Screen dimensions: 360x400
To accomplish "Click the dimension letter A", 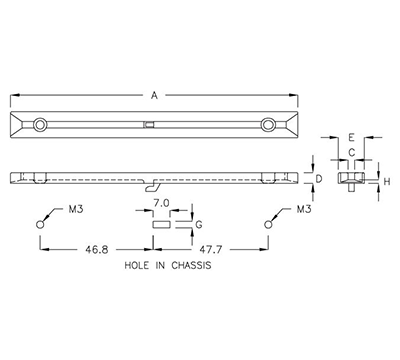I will pos(154,96).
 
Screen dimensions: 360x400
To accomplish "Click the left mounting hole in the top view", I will pos(40,124).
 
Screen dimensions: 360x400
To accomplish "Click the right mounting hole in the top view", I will pos(268,124).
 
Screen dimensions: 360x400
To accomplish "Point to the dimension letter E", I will pos(350,139).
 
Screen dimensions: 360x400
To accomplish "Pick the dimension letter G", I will pos(198,225).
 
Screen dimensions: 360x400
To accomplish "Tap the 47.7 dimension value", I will pos(208,250).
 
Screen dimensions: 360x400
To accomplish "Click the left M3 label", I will pos(74,211).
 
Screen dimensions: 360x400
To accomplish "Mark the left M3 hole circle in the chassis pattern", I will pos(40,224).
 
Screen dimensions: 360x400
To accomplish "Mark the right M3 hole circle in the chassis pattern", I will pos(267,224).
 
